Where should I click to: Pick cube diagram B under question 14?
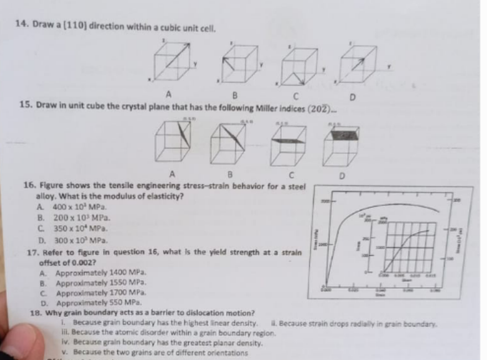237,65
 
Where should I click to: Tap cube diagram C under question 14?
302,66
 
